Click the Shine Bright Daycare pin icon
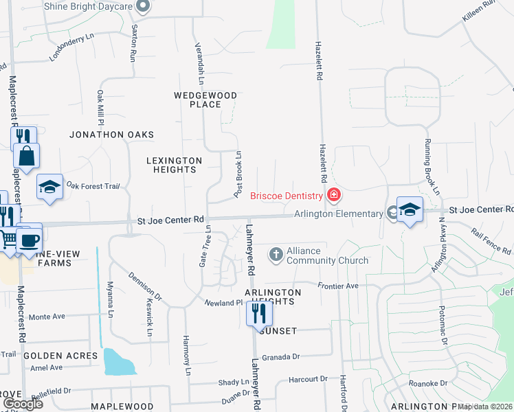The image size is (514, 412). point(144,6)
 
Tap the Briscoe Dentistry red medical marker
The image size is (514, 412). point(334,195)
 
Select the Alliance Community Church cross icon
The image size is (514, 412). point(276,255)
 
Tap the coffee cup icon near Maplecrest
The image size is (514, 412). point(30,240)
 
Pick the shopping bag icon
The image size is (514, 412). point(26,157)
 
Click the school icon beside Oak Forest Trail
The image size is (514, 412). point(49,187)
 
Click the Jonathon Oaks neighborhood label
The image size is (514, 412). point(111,135)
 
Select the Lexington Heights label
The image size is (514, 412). point(175,165)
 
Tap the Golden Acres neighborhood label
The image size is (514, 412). point(60,356)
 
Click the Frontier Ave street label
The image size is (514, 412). point(338,286)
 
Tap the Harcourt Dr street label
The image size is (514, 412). point(308,379)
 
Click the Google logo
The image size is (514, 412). point(23,404)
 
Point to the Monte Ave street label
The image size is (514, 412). point(47,317)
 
